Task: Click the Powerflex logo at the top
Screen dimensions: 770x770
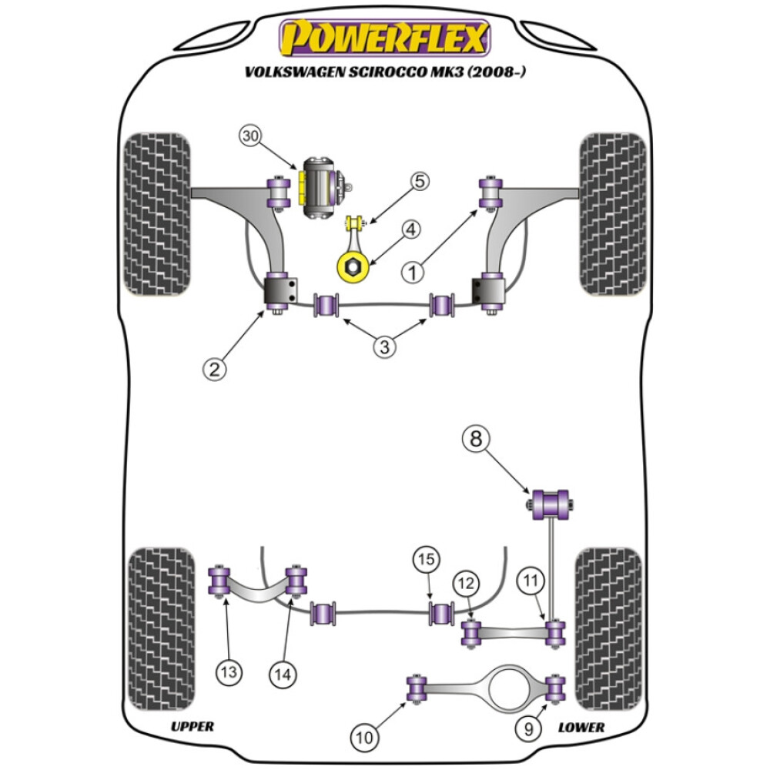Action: point(384,38)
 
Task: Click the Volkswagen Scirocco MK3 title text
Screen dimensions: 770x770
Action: point(385,73)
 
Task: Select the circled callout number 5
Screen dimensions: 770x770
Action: point(419,182)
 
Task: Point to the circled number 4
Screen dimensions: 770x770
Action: point(411,229)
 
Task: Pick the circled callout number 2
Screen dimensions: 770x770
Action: point(215,370)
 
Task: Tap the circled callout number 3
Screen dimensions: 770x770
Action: point(385,346)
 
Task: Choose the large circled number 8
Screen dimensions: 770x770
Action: point(476,440)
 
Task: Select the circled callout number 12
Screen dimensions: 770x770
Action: point(466,584)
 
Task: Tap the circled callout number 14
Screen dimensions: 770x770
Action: point(283,674)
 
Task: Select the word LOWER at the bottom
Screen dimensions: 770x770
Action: point(581,727)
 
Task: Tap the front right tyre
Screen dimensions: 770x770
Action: point(612,215)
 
